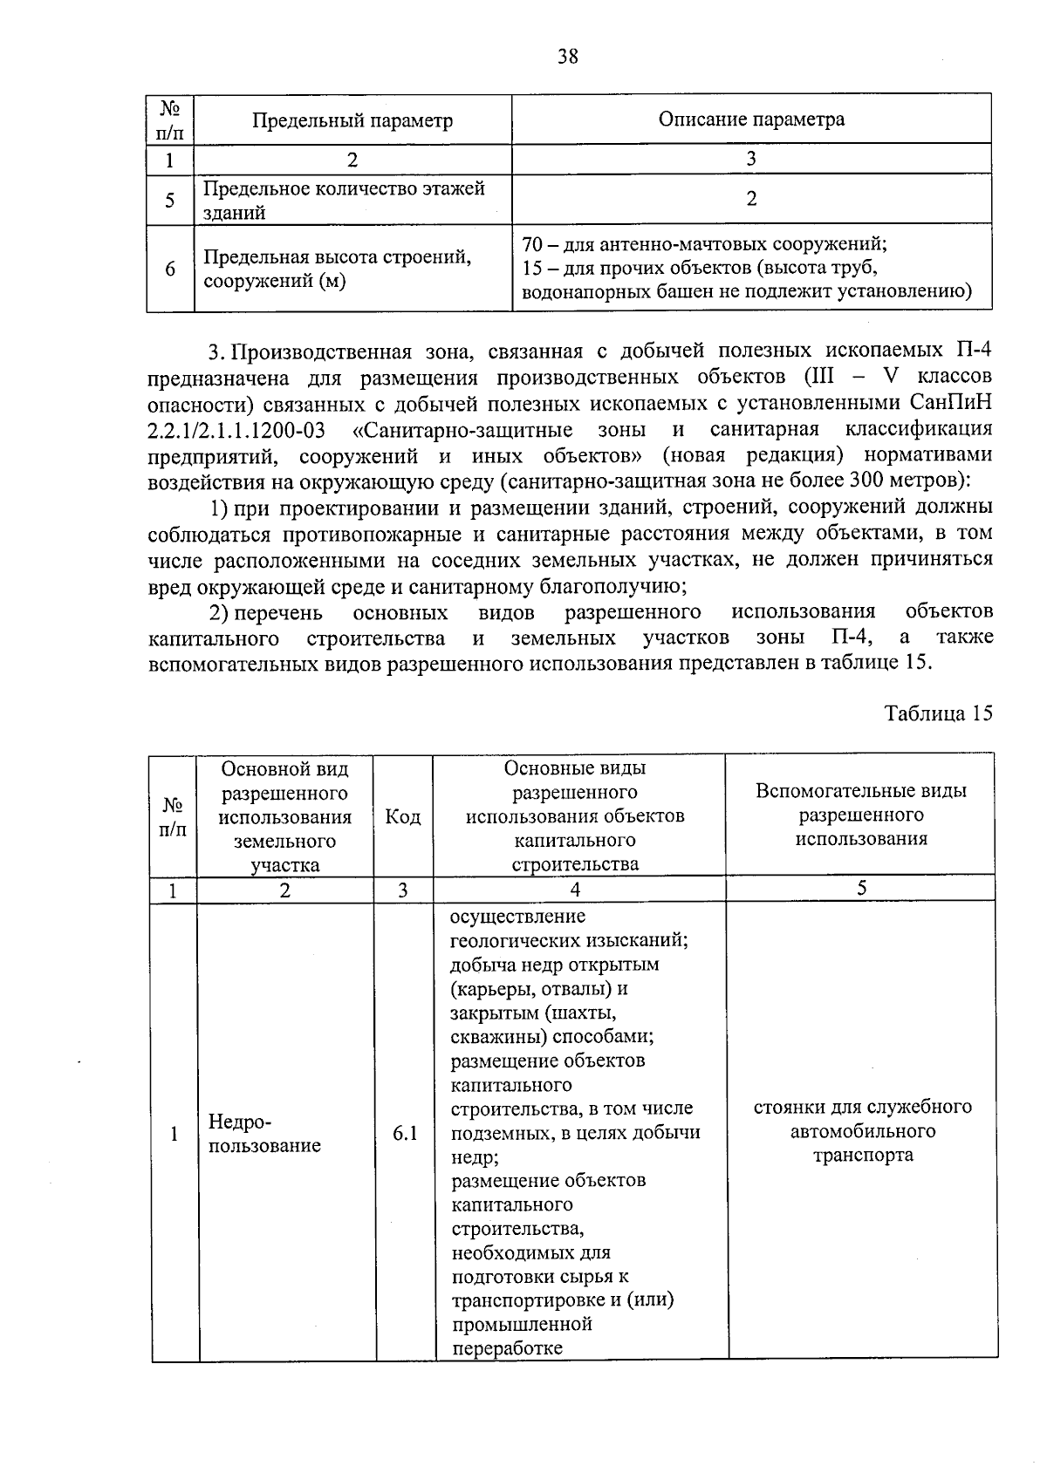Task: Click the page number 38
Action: click(567, 57)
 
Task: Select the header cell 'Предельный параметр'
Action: click(352, 120)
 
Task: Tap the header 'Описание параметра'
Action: click(751, 119)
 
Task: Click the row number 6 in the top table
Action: click(170, 269)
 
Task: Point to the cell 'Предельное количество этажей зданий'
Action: click(344, 200)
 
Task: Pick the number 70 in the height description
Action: click(532, 244)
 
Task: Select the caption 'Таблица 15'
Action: click(938, 713)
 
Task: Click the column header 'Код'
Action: click(403, 816)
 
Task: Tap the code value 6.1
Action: click(405, 1133)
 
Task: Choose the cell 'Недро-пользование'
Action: click(264, 1133)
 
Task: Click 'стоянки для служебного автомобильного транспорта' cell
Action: click(862, 1131)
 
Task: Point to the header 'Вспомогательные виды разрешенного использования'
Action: click(861, 815)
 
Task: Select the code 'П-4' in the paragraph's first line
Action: click(968, 351)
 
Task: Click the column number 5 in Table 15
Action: click(861, 889)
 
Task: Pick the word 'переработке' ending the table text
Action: click(507, 1348)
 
